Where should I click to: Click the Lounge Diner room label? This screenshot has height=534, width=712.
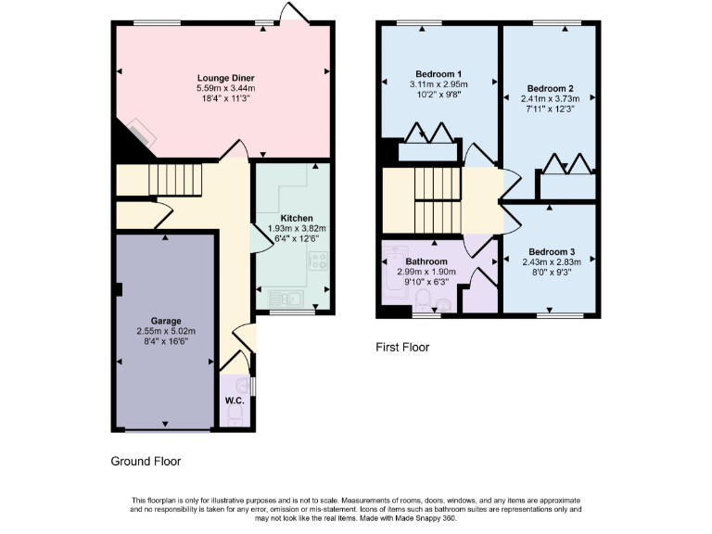[x=225, y=77]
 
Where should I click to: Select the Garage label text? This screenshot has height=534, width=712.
[x=166, y=320]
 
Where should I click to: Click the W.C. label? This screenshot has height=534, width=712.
[x=234, y=401]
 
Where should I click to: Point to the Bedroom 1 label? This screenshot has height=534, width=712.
[x=436, y=73]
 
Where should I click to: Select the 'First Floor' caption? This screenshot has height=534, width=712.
[x=402, y=348]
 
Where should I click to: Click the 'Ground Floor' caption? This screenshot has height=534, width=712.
[x=146, y=461]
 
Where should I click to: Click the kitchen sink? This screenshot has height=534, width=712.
[x=282, y=298]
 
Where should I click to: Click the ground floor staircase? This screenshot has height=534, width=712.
[x=175, y=179]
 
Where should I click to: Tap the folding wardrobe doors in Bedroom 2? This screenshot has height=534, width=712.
[x=567, y=164]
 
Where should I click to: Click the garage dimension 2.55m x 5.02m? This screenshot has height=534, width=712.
[x=166, y=331]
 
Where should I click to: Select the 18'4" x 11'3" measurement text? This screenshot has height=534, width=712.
[x=225, y=97]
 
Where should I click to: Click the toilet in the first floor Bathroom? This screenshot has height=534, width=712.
[x=423, y=299]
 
